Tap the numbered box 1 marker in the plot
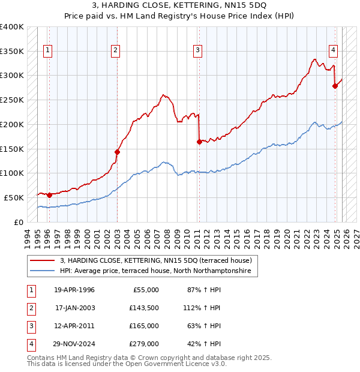point(47,51)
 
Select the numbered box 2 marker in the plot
point(115,51)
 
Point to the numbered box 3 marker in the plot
point(197,51)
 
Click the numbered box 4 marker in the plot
point(332,51)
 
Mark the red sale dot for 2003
point(117,152)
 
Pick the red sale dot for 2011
point(199,142)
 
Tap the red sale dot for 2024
point(335,86)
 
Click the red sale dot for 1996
point(49,195)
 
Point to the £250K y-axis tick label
point(11,100)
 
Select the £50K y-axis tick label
point(14,197)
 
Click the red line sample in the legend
point(43,260)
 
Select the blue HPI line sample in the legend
point(43,271)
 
